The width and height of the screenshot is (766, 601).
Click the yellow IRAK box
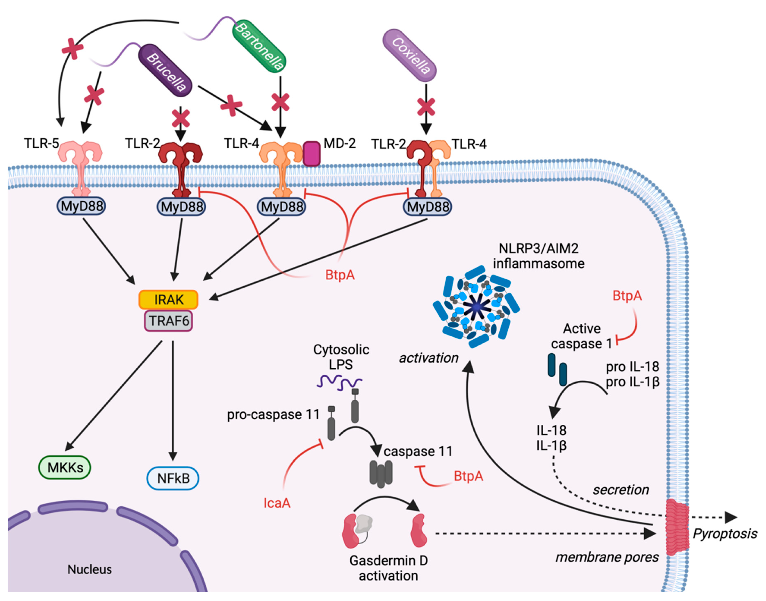tap(169, 299)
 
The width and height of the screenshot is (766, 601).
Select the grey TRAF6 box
tap(169, 321)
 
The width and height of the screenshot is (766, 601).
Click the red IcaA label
tap(277, 503)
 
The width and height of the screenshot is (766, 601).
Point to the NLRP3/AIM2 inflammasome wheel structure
tap(476, 307)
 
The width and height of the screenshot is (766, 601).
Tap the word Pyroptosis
tap(725, 534)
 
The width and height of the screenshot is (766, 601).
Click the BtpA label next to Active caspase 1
tap(627, 296)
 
